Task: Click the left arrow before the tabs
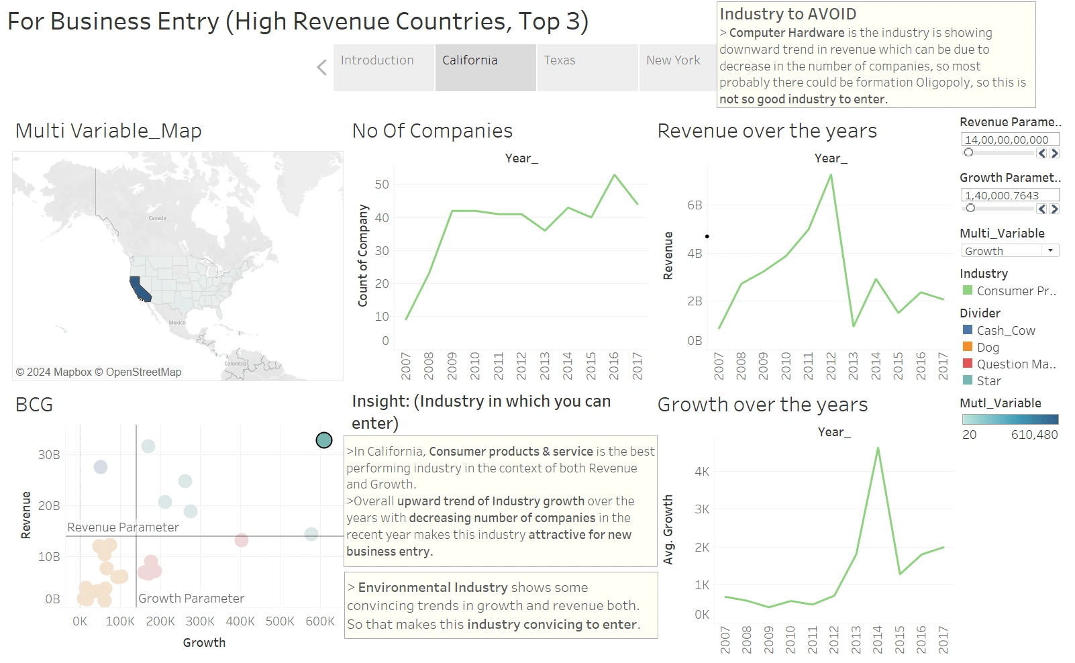322,67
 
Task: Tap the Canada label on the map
157,218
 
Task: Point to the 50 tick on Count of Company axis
382,185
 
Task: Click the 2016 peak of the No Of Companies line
614,175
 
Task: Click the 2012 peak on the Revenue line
831,176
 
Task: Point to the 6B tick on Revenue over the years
695,205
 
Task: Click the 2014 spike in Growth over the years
878,448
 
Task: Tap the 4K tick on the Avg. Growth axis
702,472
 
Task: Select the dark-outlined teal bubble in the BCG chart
324,440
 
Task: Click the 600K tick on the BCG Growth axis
320,621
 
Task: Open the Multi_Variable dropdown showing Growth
1010,251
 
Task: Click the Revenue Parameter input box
1010,140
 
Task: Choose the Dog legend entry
988,348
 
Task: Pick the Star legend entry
988,381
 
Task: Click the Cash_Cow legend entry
1005,331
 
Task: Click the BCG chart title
34,405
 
